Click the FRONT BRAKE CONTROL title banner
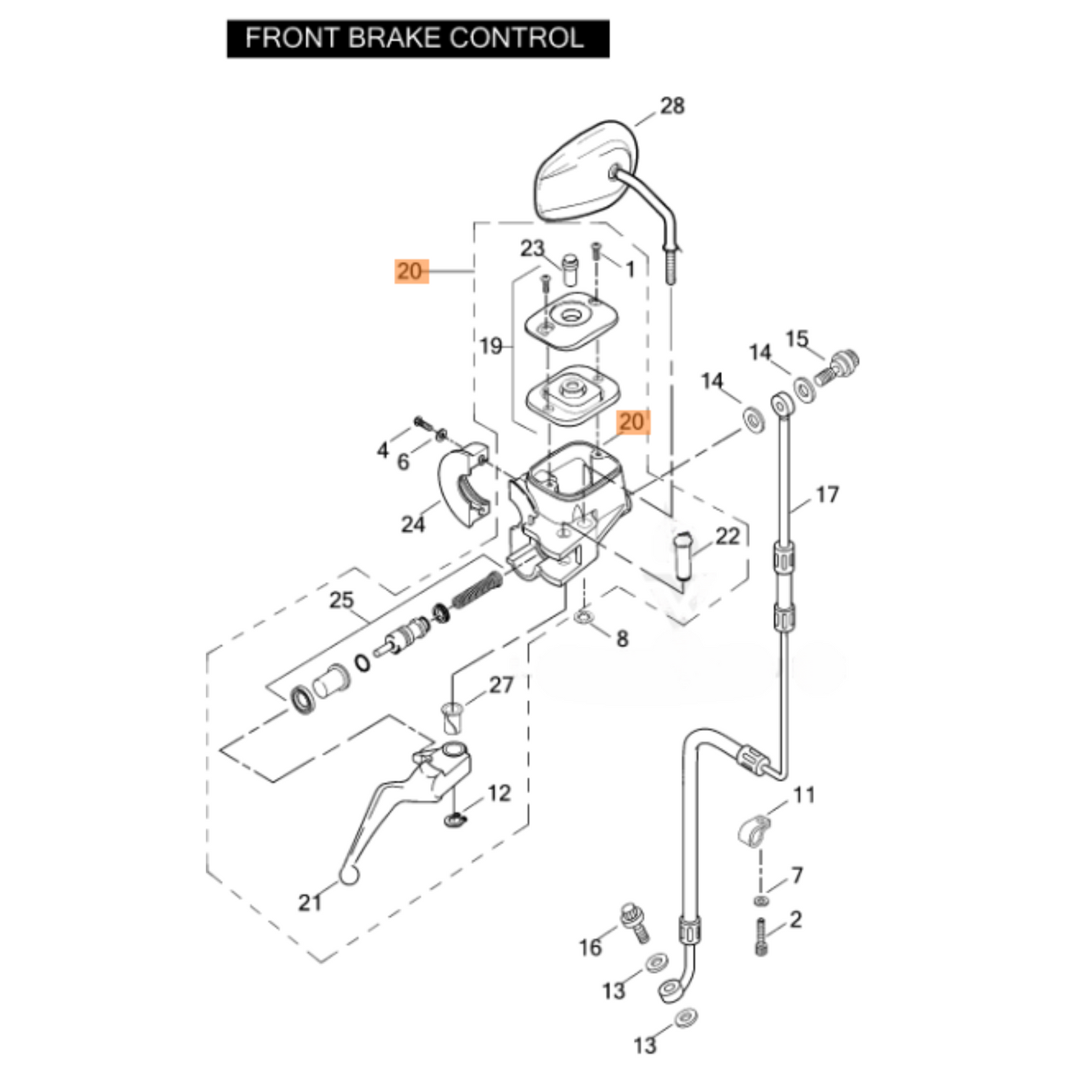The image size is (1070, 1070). pos(417,39)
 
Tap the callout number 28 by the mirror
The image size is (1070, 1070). pos(672,106)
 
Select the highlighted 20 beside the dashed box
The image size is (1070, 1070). pos(409,271)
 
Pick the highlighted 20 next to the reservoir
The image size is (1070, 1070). pos(632,422)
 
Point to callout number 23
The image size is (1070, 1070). pos(532,248)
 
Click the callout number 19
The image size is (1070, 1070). pos(491,346)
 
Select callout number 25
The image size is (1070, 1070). pos(341,600)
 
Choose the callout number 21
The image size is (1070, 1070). pos(310,902)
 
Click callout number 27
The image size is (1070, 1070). pos(501,685)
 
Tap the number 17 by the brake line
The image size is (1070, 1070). pos(827,494)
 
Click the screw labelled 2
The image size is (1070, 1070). pos(761,937)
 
